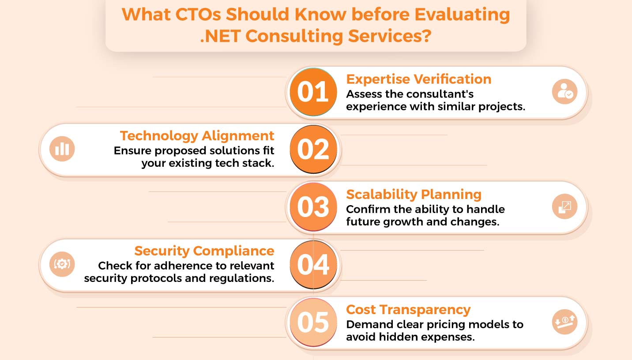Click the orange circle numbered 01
point(313,92)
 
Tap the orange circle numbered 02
point(313,149)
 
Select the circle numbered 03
point(313,207)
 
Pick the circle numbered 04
point(313,264)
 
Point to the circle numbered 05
point(313,322)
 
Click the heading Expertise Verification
point(419,79)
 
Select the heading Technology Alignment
point(197,136)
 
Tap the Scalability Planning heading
point(414,195)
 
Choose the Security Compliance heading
point(204,251)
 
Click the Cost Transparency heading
point(408,310)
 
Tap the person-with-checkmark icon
point(564,92)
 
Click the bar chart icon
point(62,149)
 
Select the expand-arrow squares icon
point(564,206)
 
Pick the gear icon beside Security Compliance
point(62,264)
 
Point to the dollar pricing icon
point(564,322)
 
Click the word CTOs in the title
point(198,15)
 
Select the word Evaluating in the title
point(462,15)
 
